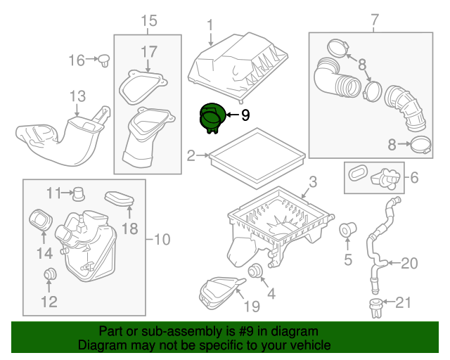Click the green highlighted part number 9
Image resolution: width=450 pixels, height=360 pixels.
[x=212, y=118]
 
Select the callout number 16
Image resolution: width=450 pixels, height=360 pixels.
[x=77, y=60]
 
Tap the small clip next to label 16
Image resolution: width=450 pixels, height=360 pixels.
[x=104, y=60]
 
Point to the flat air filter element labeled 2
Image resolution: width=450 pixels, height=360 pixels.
[x=257, y=158]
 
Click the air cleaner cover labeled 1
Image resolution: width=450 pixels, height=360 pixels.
[x=238, y=67]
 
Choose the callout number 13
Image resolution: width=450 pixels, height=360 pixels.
[x=77, y=96]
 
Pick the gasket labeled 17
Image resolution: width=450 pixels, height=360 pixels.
[x=143, y=87]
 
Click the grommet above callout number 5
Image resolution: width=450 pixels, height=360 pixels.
[x=347, y=230]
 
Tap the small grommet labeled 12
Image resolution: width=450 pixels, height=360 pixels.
[x=50, y=274]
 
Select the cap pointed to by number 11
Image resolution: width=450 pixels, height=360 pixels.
[x=79, y=194]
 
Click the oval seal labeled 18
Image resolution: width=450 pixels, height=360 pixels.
[x=120, y=199]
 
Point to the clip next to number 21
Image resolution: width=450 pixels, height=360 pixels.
[x=375, y=309]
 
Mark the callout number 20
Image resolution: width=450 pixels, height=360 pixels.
[x=409, y=263]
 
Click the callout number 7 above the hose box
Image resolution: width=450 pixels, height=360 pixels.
[x=375, y=20]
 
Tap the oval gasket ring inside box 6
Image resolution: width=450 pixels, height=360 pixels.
[x=358, y=172]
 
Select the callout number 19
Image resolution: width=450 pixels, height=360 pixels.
[x=252, y=306]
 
